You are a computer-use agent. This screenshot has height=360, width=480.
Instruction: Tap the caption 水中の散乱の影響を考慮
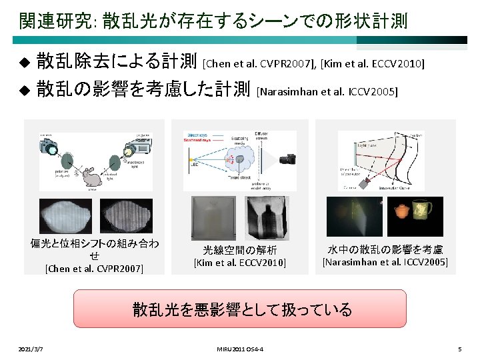(x=385, y=250)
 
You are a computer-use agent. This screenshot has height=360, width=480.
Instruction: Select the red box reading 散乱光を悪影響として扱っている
(x=239, y=309)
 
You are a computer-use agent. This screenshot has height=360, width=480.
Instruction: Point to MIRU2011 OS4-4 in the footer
(x=239, y=349)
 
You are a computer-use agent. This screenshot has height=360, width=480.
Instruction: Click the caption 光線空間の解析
(x=239, y=250)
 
